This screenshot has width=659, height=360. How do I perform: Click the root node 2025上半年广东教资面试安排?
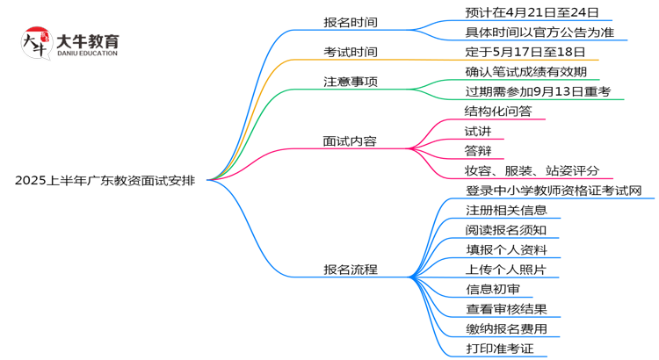[x=105, y=180]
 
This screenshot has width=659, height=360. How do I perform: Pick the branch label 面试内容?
[x=350, y=140]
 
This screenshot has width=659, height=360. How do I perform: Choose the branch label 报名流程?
[x=350, y=270]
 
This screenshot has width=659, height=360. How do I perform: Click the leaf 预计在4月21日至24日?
[x=532, y=12]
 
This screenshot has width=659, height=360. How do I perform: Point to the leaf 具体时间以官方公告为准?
[x=540, y=32]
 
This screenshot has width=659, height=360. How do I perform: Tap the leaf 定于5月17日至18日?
[x=525, y=52]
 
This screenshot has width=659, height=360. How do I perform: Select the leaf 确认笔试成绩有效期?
[x=525, y=72]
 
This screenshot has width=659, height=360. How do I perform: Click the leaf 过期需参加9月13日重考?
[x=537, y=91]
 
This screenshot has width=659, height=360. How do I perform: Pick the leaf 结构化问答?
[x=498, y=112]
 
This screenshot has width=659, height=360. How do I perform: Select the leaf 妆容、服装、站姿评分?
[x=532, y=170]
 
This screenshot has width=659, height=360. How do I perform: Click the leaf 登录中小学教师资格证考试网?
[x=554, y=191]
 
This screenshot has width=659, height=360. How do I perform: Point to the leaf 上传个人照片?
[x=505, y=270]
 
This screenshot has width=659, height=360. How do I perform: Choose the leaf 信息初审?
[x=492, y=289]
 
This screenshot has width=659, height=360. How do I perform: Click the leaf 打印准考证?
[x=499, y=349]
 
